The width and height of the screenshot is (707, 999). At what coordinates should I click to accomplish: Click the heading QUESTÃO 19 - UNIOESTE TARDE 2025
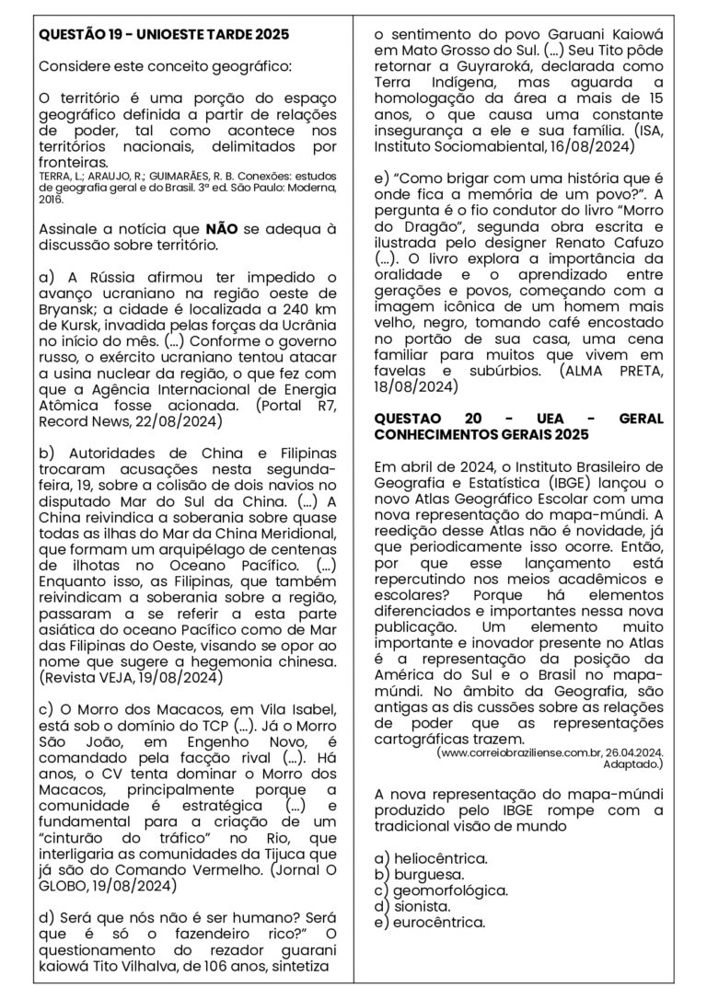[164, 35]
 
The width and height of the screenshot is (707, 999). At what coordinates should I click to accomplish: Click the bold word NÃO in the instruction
[223, 229]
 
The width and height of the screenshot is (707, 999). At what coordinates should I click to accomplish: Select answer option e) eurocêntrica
[430, 923]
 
